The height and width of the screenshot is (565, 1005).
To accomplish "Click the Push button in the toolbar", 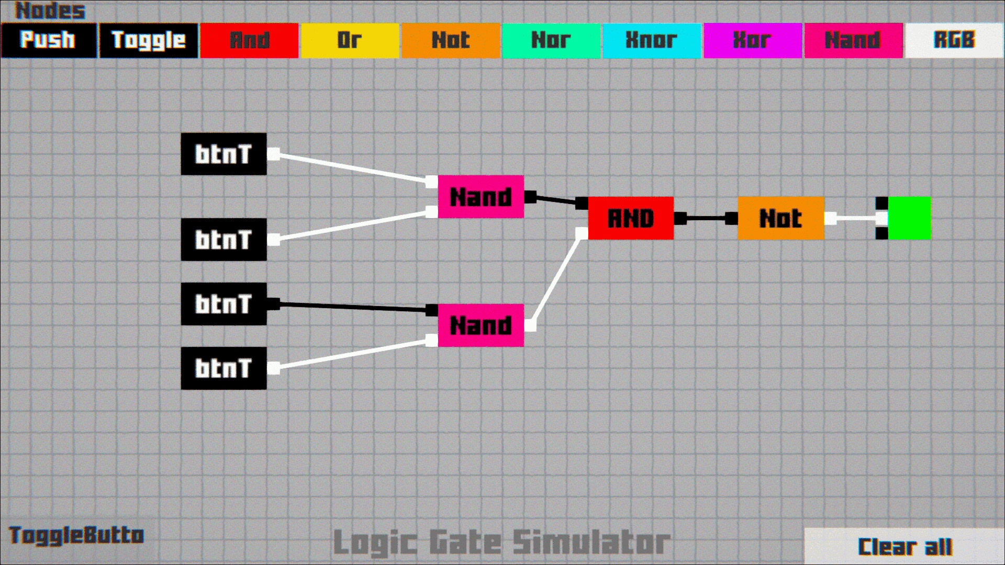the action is [49, 40].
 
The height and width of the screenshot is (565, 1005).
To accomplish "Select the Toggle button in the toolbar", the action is [149, 40].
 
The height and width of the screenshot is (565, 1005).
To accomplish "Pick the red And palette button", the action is [249, 40].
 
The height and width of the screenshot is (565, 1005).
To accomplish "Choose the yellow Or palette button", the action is [350, 40].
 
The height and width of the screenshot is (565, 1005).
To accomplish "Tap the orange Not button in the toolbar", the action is [451, 40].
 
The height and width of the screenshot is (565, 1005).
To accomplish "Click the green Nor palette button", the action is [551, 40].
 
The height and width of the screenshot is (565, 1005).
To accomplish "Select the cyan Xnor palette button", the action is [652, 40].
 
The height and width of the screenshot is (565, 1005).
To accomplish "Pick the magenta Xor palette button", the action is [752, 40].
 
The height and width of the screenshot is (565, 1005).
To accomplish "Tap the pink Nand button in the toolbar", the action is [853, 40].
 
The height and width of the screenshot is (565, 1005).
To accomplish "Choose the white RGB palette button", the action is [954, 40].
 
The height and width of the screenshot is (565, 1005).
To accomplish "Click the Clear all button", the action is [904, 546].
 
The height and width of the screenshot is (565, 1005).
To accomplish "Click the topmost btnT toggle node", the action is [224, 154].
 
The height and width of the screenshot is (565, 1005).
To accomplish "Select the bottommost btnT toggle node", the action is [224, 368].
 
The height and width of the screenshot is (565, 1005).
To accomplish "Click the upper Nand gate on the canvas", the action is [481, 197].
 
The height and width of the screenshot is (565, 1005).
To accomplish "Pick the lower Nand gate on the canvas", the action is [481, 325].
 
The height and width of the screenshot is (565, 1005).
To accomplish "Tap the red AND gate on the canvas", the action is [631, 218].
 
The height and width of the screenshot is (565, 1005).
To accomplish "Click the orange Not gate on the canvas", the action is [781, 218].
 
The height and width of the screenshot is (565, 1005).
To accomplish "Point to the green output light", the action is [909, 218].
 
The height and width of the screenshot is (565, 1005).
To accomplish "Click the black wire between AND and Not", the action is [706, 218].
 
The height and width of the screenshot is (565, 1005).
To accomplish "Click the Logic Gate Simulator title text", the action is [501, 542].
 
